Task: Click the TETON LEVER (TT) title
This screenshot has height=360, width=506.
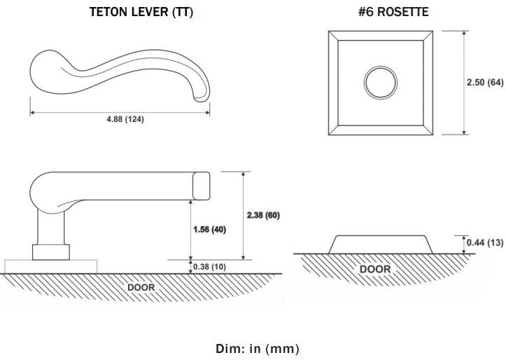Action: (x=141, y=12)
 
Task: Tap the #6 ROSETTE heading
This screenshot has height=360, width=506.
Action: (x=393, y=12)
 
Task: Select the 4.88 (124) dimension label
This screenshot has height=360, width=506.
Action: (x=125, y=119)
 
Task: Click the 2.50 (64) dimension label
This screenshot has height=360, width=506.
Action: (x=485, y=83)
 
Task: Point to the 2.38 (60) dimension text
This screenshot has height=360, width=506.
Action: (x=263, y=215)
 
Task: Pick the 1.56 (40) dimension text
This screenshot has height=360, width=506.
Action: (x=209, y=230)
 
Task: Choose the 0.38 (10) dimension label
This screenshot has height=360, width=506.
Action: (x=209, y=267)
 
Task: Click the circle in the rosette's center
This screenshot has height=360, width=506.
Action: (x=381, y=67)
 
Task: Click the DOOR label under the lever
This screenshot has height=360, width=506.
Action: (x=141, y=287)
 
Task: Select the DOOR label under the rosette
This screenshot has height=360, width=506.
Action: (x=375, y=269)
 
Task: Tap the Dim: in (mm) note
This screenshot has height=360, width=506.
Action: (x=257, y=349)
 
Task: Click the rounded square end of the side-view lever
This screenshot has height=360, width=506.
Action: (x=202, y=186)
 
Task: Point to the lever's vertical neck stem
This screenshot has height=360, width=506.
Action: (x=50, y=228)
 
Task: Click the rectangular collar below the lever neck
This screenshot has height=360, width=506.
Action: (x=51, y=252)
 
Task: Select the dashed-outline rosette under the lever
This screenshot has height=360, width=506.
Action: (x=50, y=266)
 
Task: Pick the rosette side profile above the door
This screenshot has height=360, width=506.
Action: (x=381, y=244)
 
